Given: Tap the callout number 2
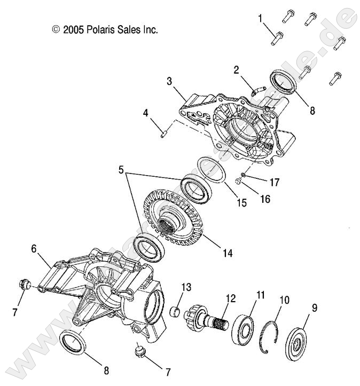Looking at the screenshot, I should point(236,69).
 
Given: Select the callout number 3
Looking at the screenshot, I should point(169,81).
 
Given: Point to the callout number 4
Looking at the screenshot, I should point(145,113).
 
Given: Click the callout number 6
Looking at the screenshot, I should point(34,248).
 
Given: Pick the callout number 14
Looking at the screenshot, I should point(228,253).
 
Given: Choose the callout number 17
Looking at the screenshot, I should point(275,182).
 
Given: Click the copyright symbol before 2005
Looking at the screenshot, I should point(56,30).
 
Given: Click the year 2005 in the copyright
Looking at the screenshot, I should point(73,30).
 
